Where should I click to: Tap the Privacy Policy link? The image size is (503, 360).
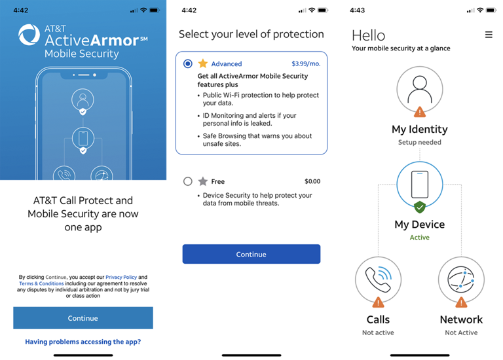[121, 278]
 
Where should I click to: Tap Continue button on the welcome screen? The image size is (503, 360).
[83, 318]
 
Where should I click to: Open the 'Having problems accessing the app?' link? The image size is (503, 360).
[83, 342]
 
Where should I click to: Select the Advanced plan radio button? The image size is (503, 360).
[188, 63]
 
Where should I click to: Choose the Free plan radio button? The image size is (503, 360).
[188, 181]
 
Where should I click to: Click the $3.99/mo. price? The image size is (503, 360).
[306, 64]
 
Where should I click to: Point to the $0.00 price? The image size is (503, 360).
[312, 181]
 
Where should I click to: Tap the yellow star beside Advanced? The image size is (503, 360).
[203, 63]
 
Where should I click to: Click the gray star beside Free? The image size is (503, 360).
[203, 181]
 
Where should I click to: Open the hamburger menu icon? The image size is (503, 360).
[489, 35]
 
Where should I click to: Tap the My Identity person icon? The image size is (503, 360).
[419, 89]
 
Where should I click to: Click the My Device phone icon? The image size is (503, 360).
[419, 185]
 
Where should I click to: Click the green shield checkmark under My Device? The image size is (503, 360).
[420, 207]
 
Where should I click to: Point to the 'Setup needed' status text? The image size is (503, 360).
[419, 142]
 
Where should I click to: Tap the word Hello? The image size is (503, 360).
[368, 35]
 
